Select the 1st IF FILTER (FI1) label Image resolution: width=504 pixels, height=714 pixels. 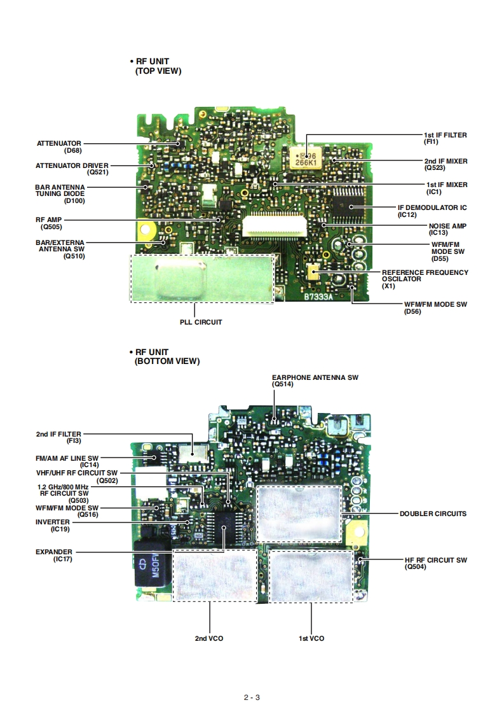point(445,139)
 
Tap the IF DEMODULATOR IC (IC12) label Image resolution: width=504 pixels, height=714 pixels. point(432,211)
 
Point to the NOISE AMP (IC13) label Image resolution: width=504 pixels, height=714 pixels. point(447,229)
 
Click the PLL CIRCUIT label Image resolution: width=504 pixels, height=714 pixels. point(201,322)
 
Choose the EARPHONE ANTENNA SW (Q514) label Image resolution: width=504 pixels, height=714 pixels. point(315,381)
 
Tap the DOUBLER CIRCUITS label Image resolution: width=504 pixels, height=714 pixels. point(433,514)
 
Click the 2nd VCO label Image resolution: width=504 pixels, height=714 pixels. point(209,638)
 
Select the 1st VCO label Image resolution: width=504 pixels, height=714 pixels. point(311,638)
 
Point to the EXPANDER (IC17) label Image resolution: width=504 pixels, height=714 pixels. point(54,556)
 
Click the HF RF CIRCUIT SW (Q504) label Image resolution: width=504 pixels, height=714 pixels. point(435,563)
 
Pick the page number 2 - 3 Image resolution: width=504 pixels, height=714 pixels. point(252,697)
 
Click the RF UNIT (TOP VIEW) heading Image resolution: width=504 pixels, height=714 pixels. point(158,67)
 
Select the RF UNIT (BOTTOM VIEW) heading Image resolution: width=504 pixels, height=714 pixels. point(167,356)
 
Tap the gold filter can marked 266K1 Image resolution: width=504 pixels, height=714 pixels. point(304,157)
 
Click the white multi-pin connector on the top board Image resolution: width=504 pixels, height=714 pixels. point(273,225)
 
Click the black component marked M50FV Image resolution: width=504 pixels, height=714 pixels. point(153,564)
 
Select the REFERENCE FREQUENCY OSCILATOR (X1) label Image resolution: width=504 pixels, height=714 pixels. point(425,279)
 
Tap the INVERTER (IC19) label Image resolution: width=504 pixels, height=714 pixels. point(53,526)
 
